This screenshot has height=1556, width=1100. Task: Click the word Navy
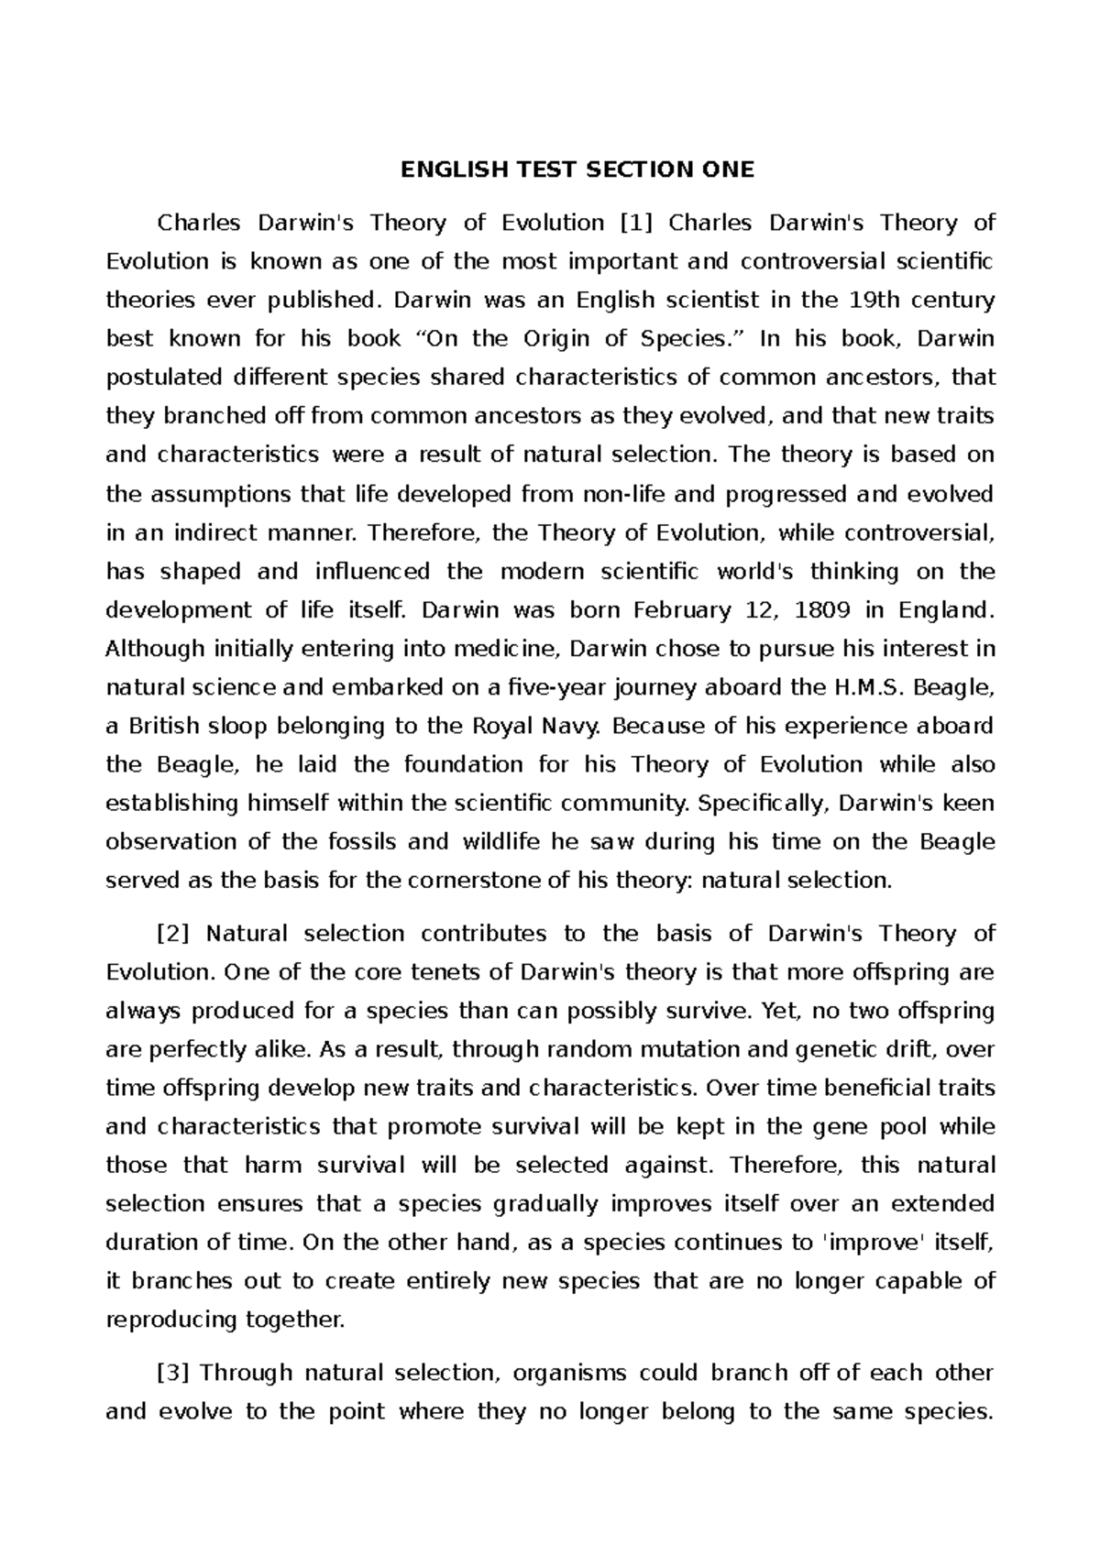pyautogui.click(x=573, y=726)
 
